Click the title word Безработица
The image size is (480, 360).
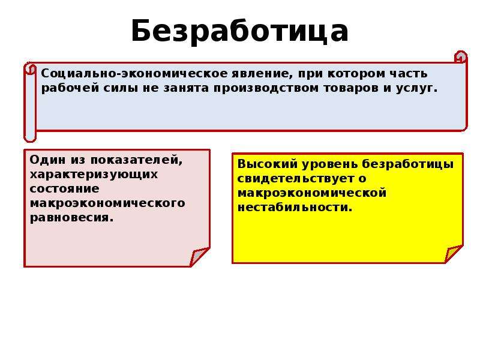(239, 31)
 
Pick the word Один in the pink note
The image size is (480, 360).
(48, 160)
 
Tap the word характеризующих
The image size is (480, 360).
(94, 175)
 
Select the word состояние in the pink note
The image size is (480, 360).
(65, 188)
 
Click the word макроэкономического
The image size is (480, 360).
(107, 203)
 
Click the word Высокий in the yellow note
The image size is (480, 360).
(268, 164)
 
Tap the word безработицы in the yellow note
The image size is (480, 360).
(408, 164)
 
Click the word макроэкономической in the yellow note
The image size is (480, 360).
(312, 193)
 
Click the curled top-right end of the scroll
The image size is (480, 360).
(461, 57)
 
